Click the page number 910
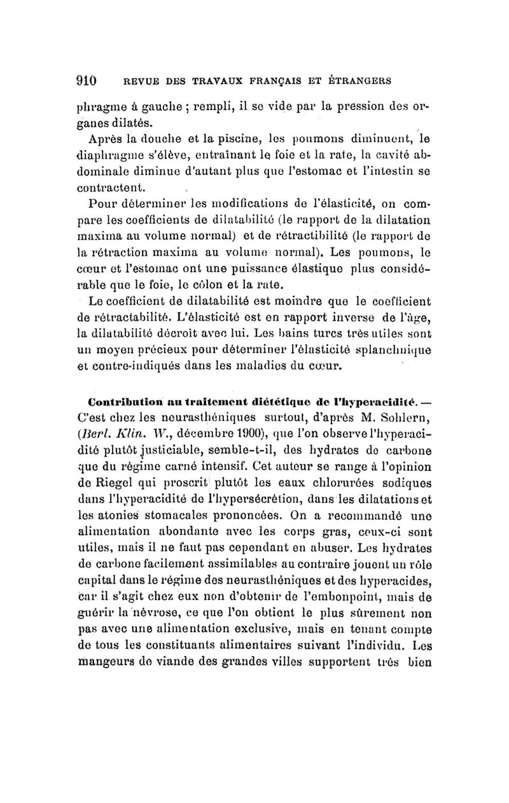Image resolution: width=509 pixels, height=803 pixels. click(x=86, y=81)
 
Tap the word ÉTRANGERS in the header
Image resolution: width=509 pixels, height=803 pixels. click(x=358, y=81)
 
